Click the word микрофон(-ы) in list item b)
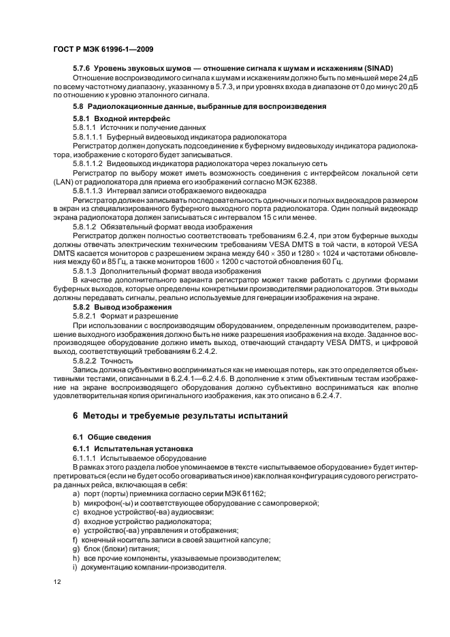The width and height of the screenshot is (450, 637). click(105, 502)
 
